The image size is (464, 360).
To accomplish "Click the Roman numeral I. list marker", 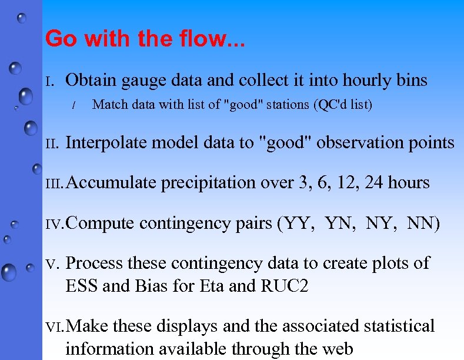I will (51, 81).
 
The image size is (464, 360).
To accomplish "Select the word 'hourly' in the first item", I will (352, 80).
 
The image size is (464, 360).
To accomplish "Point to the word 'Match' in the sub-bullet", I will (109, 105).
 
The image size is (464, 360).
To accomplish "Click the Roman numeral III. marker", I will (55, 184).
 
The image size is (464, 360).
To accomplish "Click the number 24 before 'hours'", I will (375, 183).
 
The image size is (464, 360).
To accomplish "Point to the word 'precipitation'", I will (211, 183).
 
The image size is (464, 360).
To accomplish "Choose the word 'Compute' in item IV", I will (101, 224).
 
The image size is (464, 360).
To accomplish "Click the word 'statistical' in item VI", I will (399, 326).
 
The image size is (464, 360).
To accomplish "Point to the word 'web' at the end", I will (337, 349).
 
